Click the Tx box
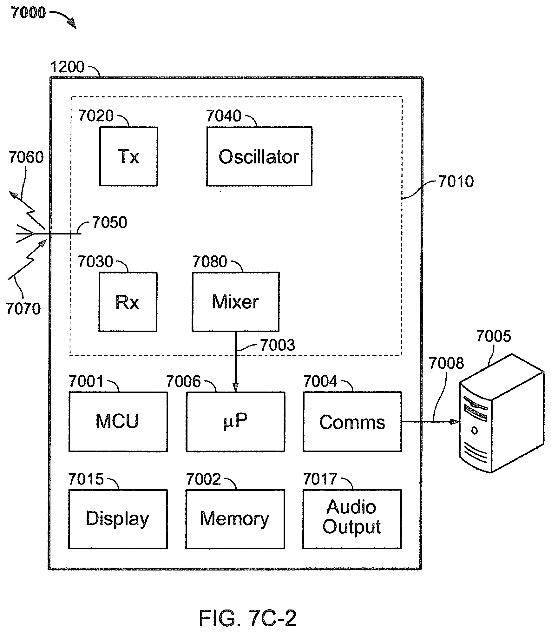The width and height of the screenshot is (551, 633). (x=128, y=156)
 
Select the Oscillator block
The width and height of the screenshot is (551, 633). (x=259, y=156)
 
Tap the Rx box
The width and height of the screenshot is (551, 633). (x=128, y=302)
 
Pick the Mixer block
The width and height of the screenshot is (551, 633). (x=235, y=302)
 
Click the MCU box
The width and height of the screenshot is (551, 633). (x=118, y=422)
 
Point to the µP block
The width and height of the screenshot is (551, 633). (x=235, y=422)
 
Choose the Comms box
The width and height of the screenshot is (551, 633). (x=352, y=422)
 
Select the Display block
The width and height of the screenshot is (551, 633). (x=118, y=519)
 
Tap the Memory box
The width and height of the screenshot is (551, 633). (x=235, y=519)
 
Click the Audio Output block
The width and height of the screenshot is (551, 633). (x=352, y=519)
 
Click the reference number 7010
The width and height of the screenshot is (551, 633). (x=456, y=181)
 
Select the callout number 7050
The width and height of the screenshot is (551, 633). (x=110, y=222)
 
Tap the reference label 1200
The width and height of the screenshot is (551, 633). (x=67, y=67)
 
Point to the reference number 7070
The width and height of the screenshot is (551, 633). (x=23, y=309)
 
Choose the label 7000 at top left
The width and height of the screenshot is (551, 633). (x=29, y=13)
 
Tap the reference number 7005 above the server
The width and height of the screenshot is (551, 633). (x=494, y=336)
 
